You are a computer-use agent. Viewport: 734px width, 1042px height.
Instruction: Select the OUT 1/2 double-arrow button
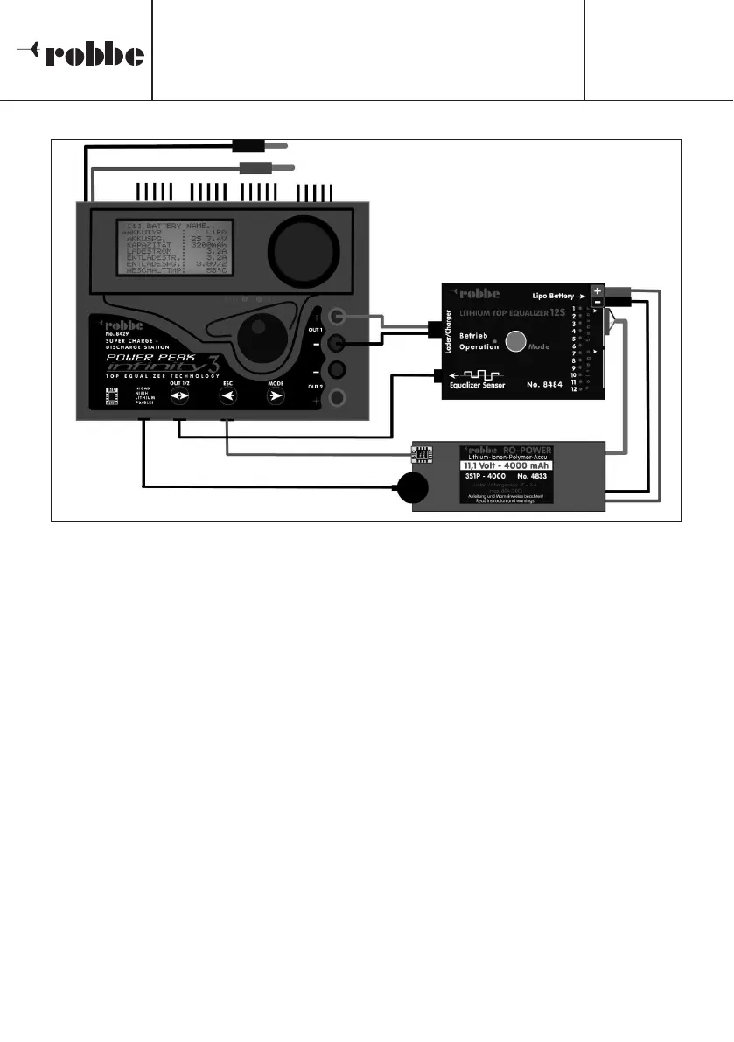tap(178, 397)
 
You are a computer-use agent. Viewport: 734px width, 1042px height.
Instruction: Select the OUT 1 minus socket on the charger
tap(335, 344)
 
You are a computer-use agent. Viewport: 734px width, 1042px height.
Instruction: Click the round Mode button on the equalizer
tap(515, 341)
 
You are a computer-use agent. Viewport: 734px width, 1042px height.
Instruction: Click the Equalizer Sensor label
tap(476, 383)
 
